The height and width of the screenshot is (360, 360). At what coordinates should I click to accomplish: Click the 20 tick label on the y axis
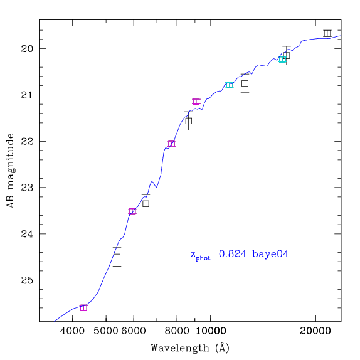click(27, 49)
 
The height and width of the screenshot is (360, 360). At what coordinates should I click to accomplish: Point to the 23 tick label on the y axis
click(27, 188)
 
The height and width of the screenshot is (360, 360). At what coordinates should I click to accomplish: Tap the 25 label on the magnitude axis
click(27, 280)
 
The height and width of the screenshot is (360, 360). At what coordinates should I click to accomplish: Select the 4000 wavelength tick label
click(72, 331)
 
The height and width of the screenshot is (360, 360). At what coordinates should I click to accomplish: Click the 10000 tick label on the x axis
click(211, 331)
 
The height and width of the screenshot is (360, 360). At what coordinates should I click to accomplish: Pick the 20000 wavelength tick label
click(315, 331)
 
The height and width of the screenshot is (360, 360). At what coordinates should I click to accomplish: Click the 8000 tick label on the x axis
click(177, 331)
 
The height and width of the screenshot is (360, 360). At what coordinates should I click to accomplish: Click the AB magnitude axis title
click(11, 171)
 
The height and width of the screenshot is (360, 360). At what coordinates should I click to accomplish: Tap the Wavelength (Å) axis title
click(190, 348)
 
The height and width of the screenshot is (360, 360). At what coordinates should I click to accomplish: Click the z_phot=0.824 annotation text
click(218, 255)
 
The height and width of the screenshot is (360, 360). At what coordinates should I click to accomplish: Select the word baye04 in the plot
click(270, 254)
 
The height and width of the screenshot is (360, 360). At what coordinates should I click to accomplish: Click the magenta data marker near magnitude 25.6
click(83, 308)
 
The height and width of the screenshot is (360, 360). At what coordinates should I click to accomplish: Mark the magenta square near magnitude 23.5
click(132, 212)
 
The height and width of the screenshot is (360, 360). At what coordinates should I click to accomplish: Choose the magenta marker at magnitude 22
click(171, 144)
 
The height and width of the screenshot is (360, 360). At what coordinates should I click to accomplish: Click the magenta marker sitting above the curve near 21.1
click(196, 101)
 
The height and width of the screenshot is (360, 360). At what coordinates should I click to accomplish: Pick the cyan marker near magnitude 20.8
click(230, 85)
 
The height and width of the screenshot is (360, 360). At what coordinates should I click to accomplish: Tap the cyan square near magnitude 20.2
click(282, 59)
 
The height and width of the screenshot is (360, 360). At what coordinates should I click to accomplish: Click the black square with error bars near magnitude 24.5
click(117, 257)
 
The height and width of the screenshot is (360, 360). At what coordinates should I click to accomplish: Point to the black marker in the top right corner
click(327, 33)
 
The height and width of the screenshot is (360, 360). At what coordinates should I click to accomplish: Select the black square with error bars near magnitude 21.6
click(189, 121)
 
